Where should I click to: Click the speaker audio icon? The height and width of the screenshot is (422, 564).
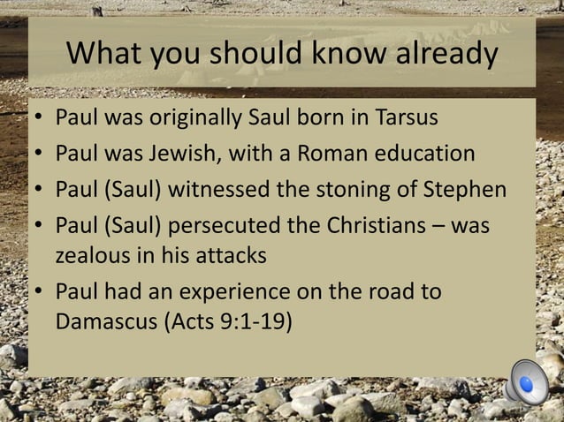click(x=528, y=384)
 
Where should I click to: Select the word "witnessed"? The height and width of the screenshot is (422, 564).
click(x=220, y=190)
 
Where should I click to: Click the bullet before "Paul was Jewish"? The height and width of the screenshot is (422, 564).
click(x=39, y=154)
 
